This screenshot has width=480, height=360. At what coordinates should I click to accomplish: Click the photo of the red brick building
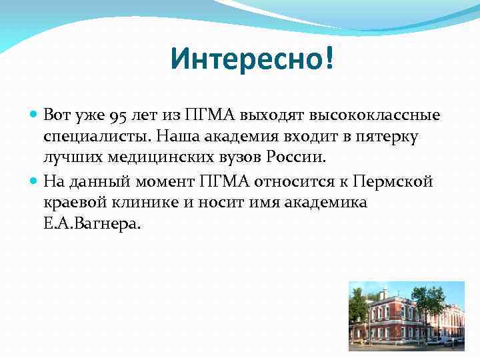pos(407,315)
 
